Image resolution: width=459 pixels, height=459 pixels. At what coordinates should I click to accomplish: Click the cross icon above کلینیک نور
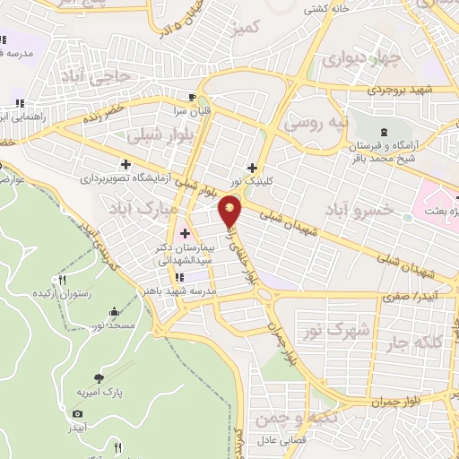pyautogui.click(x=253, y=167)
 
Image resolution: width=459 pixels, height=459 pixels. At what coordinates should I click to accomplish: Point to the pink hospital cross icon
pyautogui.click(x=185, y=209)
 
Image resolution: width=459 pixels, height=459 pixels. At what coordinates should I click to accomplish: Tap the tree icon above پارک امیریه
pyautogui.click(x=98, y=377)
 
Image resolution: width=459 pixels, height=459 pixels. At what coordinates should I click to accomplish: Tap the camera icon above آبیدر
pyautogui.click(x=77, y=413)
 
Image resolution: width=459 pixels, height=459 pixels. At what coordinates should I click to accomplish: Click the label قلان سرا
pyautogui.click(x=191, y=112)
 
